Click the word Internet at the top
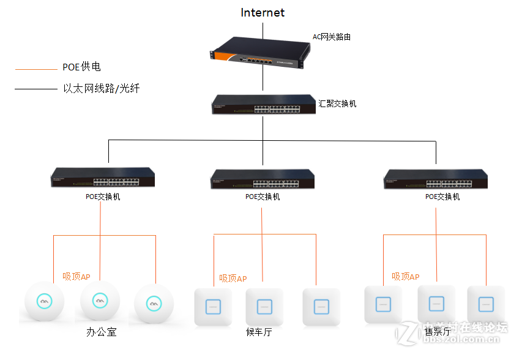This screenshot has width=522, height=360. (263, 13)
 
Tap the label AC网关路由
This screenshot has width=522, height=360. (332, 37)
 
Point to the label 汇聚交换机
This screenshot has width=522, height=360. (338, 103)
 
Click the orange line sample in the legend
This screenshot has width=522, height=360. (35, 69)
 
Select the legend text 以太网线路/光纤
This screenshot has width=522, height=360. (102, 89)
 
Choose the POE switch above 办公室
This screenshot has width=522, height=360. (102, 178)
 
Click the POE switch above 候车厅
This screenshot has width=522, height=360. (262, 179)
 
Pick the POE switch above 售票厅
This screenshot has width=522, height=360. (436, 178)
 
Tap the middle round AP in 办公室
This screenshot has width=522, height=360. (100, 301)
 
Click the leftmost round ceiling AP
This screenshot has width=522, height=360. (44, 302)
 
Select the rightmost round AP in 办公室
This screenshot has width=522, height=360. (154, 303)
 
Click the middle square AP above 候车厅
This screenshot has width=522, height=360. (264, 306)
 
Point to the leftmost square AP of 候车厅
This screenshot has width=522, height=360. (212, 307)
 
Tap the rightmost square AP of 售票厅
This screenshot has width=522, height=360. (486, 304)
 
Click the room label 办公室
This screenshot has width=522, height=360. (101, 332)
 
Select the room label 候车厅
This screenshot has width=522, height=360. (258, 332)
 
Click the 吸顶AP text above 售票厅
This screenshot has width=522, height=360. (406, 277)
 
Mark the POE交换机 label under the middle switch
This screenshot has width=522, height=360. (263, 197)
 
